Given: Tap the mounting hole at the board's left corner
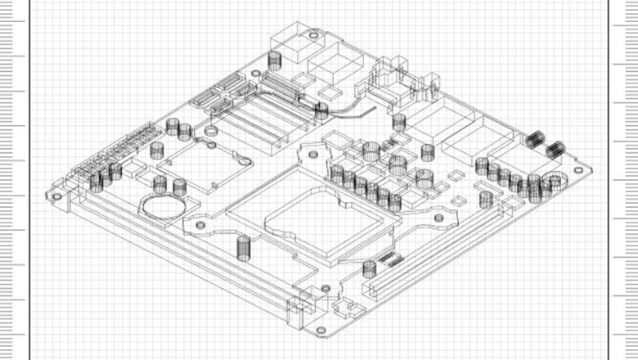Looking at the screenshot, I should point(56,196).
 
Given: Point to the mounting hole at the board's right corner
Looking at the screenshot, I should point(578,171).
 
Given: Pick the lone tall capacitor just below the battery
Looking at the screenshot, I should point(242,247).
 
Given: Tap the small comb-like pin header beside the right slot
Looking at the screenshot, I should point(388,262).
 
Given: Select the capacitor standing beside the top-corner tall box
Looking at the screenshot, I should point(276,60).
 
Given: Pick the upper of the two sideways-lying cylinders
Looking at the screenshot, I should point(536,138).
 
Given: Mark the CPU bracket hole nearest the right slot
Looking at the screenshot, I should point(445,218).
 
